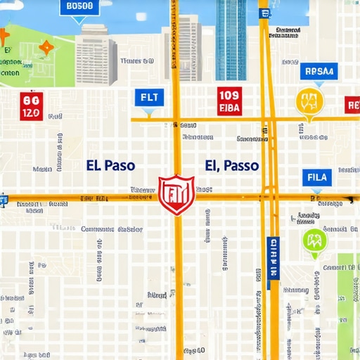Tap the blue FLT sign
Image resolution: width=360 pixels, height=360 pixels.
(149, 97)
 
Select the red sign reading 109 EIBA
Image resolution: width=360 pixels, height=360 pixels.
(229, 101)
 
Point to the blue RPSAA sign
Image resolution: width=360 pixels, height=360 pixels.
(319, 71)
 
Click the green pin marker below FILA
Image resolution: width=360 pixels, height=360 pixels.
(314, 242)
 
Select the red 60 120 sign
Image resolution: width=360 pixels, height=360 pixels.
(32, 105)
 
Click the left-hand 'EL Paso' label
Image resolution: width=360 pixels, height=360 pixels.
(110, 166)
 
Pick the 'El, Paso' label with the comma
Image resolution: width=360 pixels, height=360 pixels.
(232, 166)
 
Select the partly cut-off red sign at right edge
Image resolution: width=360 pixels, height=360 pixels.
(352, 105)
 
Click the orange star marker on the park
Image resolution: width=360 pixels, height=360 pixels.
(46, 48)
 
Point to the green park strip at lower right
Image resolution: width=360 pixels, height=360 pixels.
(347, 295)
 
